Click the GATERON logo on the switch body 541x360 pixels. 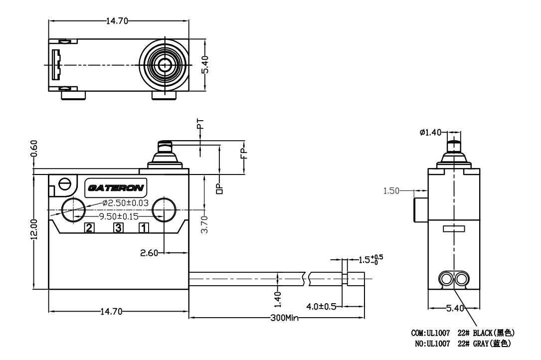[x=116, y=188]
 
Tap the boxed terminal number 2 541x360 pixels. [x=89, y=228]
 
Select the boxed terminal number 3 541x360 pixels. [x=118, y=228]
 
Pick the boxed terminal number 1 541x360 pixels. [x=143, y=228]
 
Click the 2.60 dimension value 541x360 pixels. [x=149, y=253]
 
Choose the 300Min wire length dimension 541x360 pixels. [x=284, y=318]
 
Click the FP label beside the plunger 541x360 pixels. [x=244, y=153]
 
